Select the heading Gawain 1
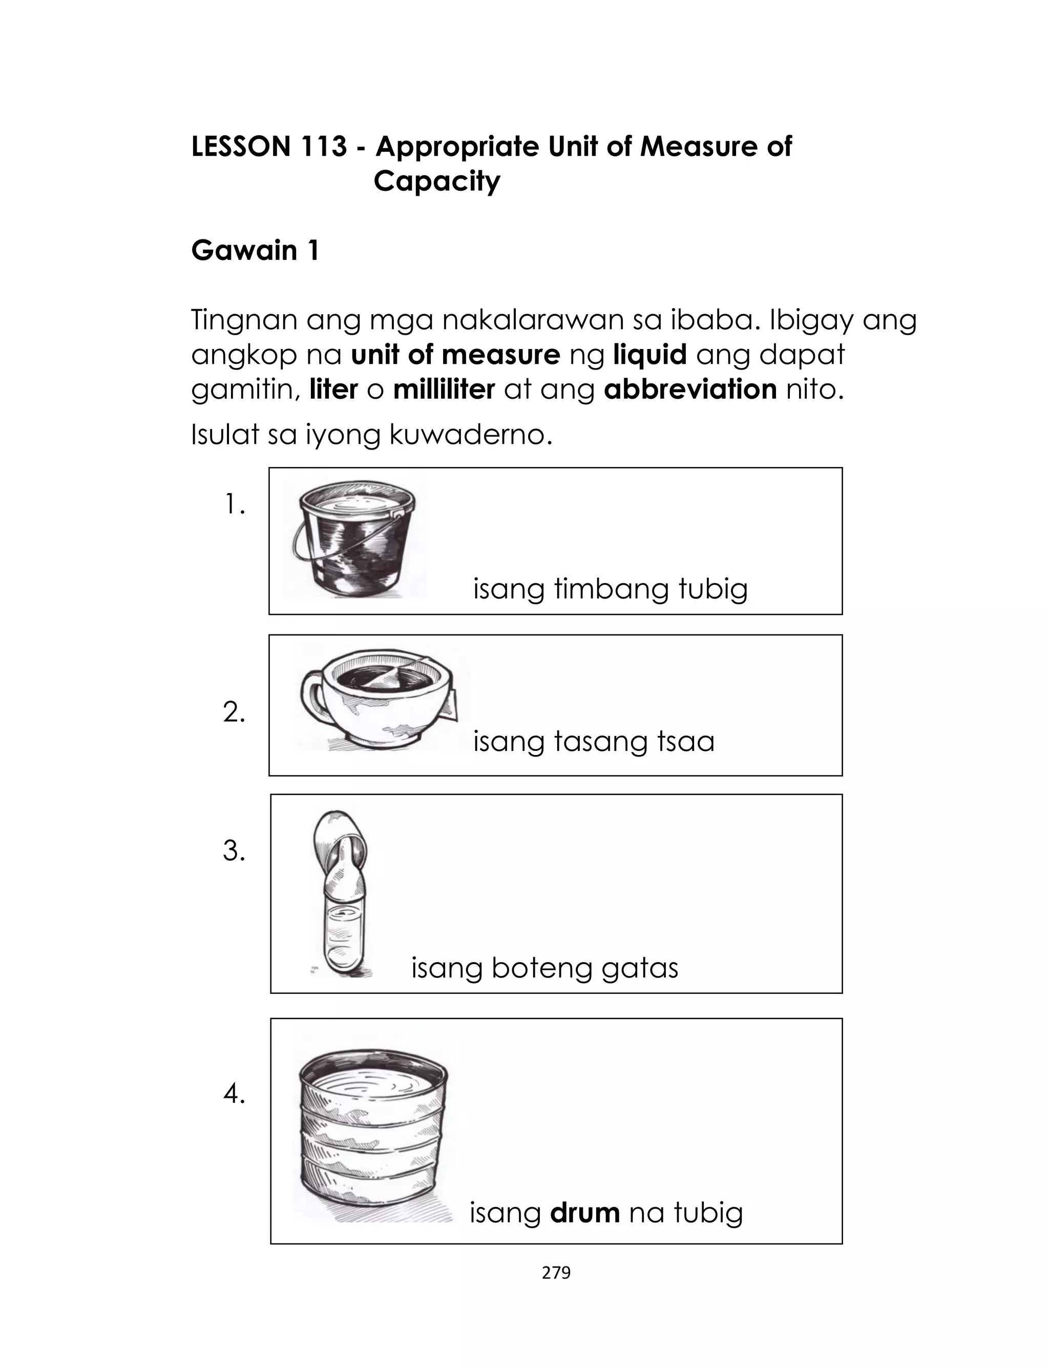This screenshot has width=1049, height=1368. pyautogui.click(x=255, y=251)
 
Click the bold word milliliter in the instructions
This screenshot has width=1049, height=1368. pyautogui.click(x=444, y=389)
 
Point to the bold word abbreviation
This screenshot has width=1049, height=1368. pyautogui.click(x=690, y=389)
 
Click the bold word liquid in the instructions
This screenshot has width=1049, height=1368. pyautogui.click(x=649, y=355)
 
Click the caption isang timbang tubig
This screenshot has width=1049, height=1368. pyautogui.click(x=610, y=589)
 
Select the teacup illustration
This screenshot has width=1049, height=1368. pyautogui.click(x=381, y=699)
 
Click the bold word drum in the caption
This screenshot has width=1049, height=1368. pyautogui.click(x=584, y=1213)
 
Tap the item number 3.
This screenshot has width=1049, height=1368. pyautogui.click(x=234, y=851)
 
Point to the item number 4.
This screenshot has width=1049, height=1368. pyautogui.click(x=234, y=1094)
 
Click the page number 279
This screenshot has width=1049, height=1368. pyautogui.click(x=556, y=1273)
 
